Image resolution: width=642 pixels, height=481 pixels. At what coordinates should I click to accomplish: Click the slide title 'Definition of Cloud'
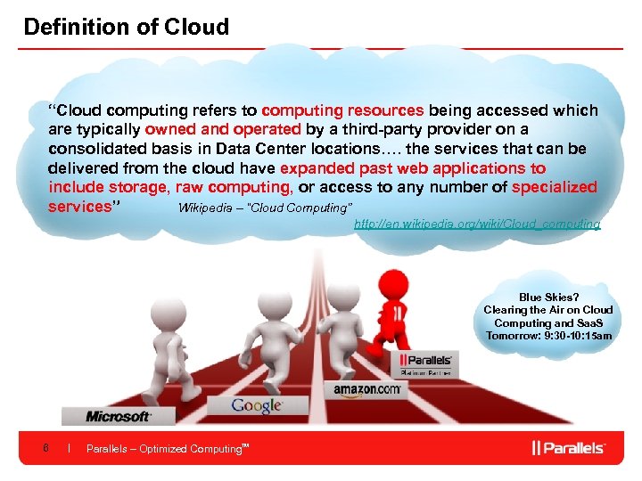126,27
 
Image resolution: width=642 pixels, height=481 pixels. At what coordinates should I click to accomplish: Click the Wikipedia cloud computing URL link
477,224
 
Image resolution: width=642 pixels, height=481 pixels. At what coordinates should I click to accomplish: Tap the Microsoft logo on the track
118,416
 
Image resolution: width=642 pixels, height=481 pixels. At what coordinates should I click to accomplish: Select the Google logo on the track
256,406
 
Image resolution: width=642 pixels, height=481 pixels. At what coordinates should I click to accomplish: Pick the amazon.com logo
369,389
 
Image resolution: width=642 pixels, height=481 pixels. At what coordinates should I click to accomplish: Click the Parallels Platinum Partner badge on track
426,364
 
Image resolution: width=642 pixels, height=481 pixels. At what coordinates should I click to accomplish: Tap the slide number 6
45,448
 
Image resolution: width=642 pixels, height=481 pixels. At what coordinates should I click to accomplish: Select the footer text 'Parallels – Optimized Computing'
165,449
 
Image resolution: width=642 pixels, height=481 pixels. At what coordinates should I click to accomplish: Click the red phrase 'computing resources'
342,111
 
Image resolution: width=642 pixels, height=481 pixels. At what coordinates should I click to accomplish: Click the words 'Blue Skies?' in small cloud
548,298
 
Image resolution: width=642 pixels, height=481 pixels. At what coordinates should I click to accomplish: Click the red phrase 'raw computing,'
235,187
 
